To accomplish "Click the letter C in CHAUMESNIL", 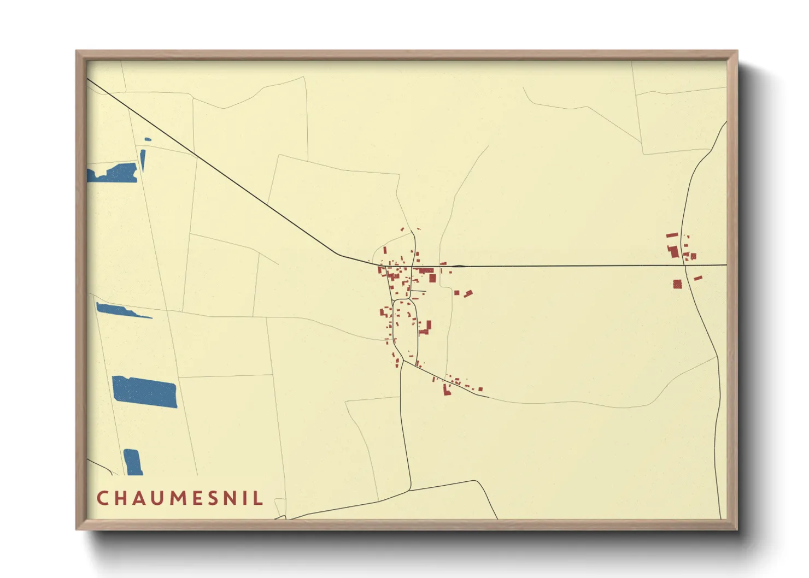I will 102,498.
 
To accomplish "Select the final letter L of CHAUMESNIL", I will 259,498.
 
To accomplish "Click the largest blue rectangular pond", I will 144,392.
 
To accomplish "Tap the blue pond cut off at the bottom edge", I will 132,462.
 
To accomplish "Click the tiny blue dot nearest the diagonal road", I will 148,139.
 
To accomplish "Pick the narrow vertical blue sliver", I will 143,160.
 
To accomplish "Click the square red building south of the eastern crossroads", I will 677,284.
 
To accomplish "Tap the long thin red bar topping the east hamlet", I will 672,235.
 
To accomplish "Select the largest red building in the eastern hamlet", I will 673,252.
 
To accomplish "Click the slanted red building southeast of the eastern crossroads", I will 697,279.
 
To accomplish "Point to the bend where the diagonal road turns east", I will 340,255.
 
